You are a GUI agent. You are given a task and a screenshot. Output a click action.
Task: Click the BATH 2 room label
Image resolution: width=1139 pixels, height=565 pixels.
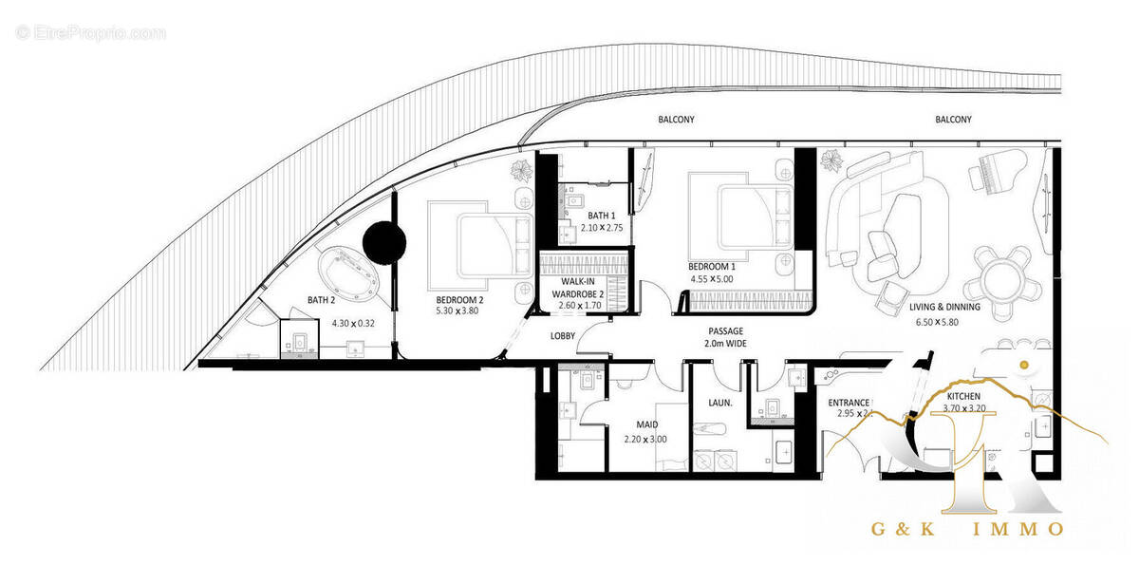[x=321, y=300]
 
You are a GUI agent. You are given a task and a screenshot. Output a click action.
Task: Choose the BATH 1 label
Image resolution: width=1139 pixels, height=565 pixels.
[x=602, y=217]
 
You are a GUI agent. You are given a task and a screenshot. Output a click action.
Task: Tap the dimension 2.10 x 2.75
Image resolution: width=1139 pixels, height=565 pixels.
[x=602, y=229]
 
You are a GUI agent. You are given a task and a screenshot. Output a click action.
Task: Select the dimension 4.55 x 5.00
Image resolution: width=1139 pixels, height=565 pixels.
[x=713, y=280]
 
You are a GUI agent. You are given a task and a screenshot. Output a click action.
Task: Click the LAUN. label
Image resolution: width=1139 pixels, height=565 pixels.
[x=719, y=403]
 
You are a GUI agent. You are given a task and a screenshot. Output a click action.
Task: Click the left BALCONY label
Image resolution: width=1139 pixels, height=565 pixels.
[x=676, y=120]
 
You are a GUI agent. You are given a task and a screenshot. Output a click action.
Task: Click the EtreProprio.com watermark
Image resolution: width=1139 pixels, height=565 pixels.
[x=91, y=33]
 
